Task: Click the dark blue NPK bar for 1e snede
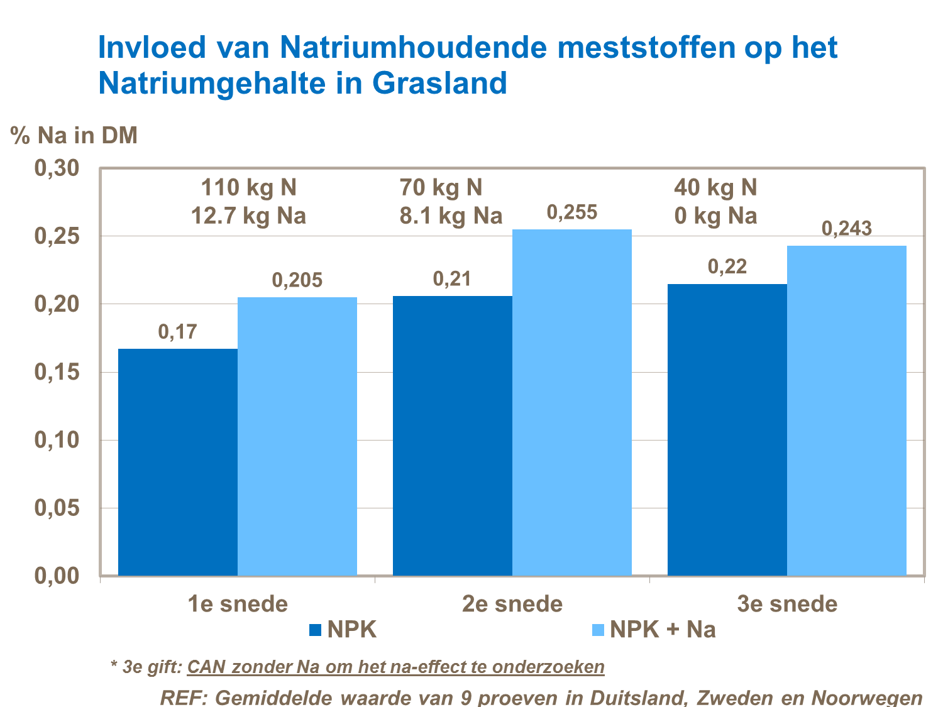178,462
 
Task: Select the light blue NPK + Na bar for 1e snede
297,436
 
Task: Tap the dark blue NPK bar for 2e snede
452,436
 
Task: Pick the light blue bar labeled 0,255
571,402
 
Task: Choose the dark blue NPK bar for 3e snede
727,430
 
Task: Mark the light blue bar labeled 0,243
846,410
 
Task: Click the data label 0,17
177,331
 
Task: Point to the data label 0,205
297,280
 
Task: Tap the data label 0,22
727,266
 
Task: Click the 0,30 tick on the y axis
56,168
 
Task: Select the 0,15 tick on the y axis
56,372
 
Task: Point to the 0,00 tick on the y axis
56,576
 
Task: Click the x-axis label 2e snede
512,604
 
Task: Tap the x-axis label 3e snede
787,604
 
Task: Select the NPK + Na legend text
663,630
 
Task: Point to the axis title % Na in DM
74,135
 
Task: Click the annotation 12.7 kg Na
248,216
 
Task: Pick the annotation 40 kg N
715,187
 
